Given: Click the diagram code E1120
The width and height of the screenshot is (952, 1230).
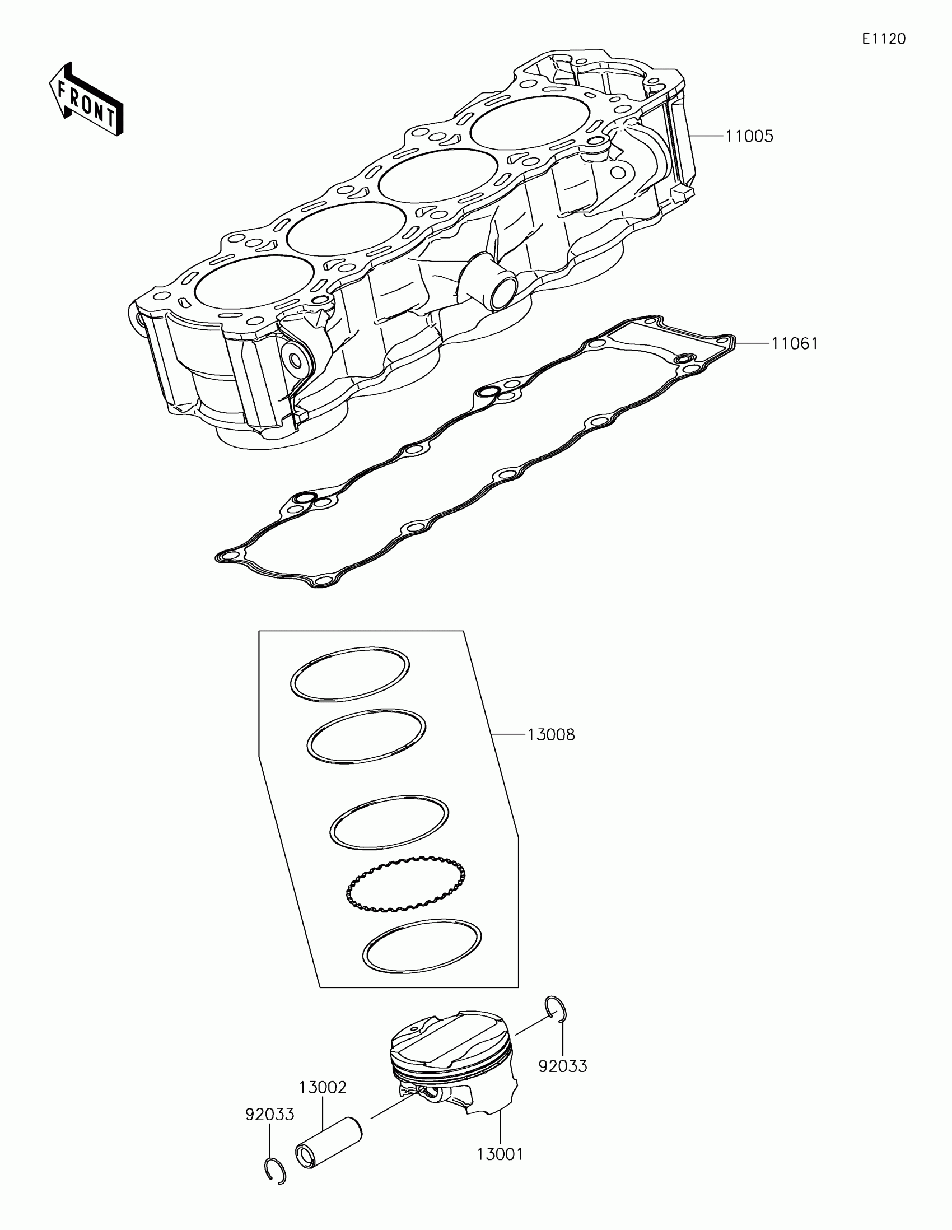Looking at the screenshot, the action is point(883,39).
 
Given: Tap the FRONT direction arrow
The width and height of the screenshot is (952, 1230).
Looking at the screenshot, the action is point(86,101).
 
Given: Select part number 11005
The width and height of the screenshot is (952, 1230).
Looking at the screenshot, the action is point(749,136).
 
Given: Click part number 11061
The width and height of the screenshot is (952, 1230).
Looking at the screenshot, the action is point(794,343).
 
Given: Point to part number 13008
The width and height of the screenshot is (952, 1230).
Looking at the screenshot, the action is point(550,735).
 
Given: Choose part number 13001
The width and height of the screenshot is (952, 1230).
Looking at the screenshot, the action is point(500,1154).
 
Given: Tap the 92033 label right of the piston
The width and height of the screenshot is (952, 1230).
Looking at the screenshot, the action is point(562,1066).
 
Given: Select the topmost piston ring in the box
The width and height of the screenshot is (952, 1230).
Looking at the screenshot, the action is point(349,674).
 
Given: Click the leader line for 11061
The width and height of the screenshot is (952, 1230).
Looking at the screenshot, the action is point(752,343).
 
